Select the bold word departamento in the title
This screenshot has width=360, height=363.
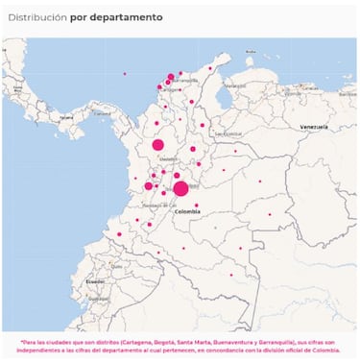128,17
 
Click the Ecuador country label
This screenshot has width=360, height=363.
95,282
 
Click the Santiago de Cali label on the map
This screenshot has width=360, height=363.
154,206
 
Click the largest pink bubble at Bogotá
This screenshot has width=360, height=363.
180,188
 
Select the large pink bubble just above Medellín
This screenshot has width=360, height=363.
158,145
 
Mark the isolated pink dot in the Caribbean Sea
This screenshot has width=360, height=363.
124,73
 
